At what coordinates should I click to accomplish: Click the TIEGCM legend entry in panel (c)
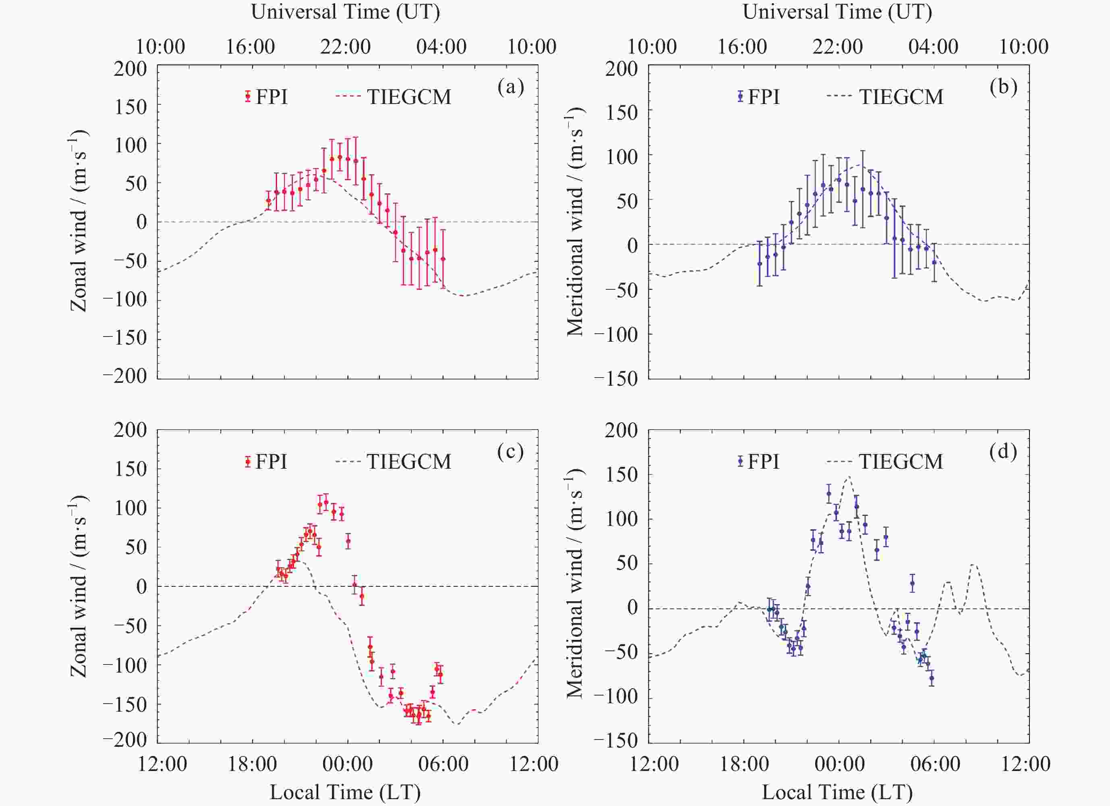coord(394,461)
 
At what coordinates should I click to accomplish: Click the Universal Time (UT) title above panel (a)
coord(346,12)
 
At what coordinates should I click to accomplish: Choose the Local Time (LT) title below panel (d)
coord(837,792)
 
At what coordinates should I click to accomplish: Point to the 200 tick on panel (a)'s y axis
coord(130,69)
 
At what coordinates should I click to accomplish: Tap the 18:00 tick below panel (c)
coord(253,764)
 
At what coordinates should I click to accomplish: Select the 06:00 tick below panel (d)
coord(935,764)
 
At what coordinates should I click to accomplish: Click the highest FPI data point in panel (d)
coord(828,494)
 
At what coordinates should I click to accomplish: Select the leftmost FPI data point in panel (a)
coord(268,200)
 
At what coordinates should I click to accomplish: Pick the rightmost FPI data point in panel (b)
coord(934,262)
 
